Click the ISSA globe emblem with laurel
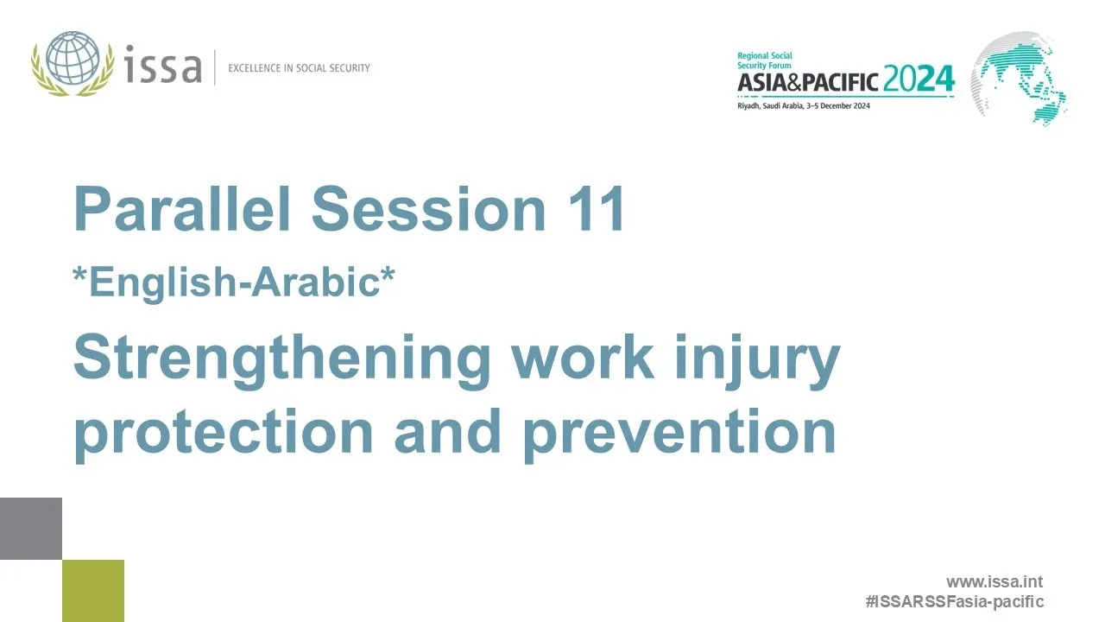coord(73,64)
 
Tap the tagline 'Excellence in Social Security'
coord(299,67)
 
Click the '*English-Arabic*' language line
coord(234,282)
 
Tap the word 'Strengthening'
coord(281,359)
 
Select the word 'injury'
coord(760,359)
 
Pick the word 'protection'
coord(224,431)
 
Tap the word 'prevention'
coord(679,431)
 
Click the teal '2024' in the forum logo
coord(919,80)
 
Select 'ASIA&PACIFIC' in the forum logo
coord(808,82)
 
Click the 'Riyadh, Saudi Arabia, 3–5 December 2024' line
coord(803,105)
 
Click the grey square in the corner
coord(31,528)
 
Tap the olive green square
coord(93,591)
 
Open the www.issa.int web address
coord(994,582)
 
